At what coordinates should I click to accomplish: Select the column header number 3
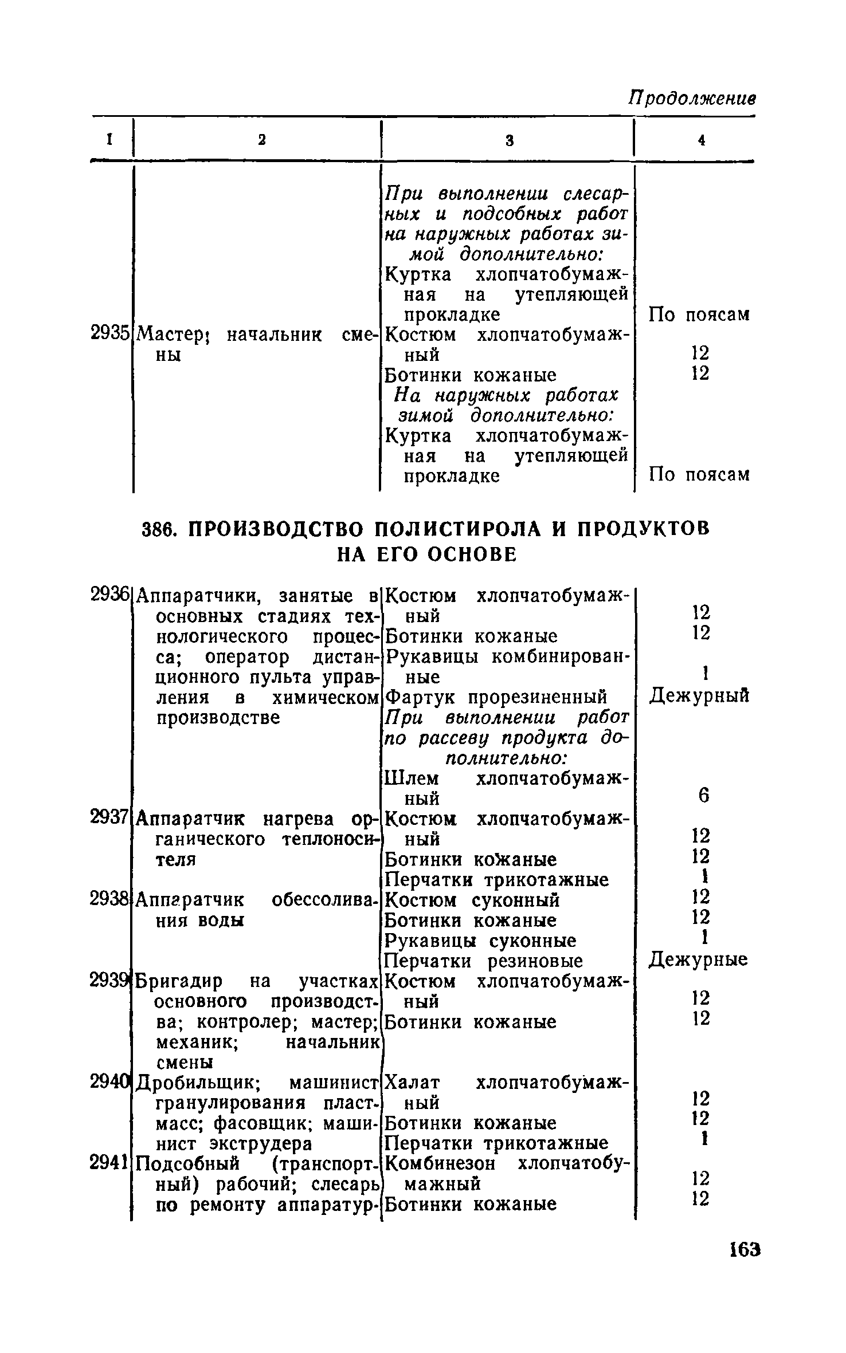[509, 140]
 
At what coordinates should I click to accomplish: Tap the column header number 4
[700, 140]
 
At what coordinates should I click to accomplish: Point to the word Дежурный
[699, 697]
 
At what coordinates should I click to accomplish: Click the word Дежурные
[698, 960]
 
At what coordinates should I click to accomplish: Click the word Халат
[413, 1083]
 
